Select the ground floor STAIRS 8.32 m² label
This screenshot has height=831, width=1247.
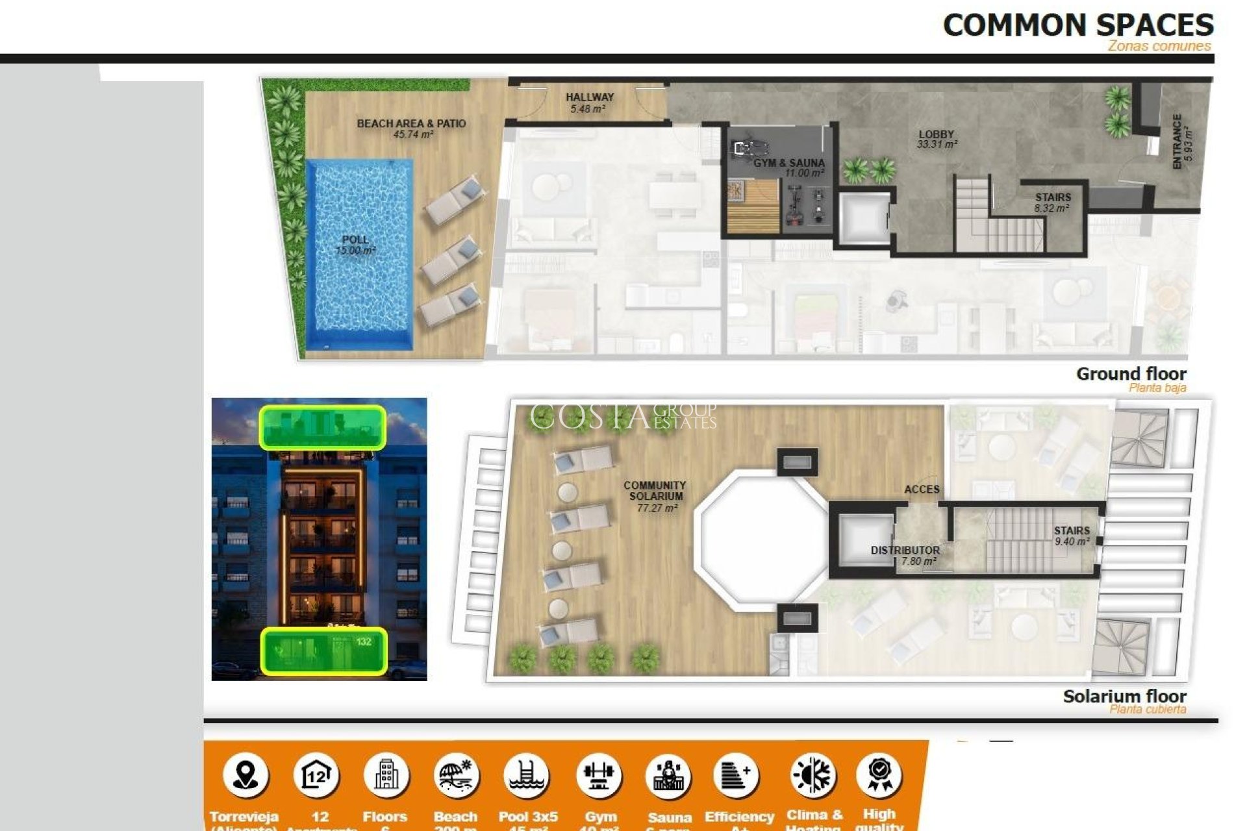[1053, 202]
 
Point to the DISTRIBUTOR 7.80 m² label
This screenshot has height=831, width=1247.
[905, 555]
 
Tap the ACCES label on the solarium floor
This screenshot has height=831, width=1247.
[922, 490]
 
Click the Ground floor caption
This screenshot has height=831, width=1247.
[1131, 375]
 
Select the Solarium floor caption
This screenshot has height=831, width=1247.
[1124, 697]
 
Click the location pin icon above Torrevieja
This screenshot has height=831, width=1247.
[245, 775]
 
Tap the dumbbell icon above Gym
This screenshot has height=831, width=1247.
[599, 775]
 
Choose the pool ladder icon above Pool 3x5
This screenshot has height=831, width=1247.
[527, 775]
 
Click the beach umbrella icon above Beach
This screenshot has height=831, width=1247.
[456, 775]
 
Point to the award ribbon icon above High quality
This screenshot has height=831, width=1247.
[879, 775]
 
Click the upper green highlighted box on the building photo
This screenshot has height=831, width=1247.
[323, 427]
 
